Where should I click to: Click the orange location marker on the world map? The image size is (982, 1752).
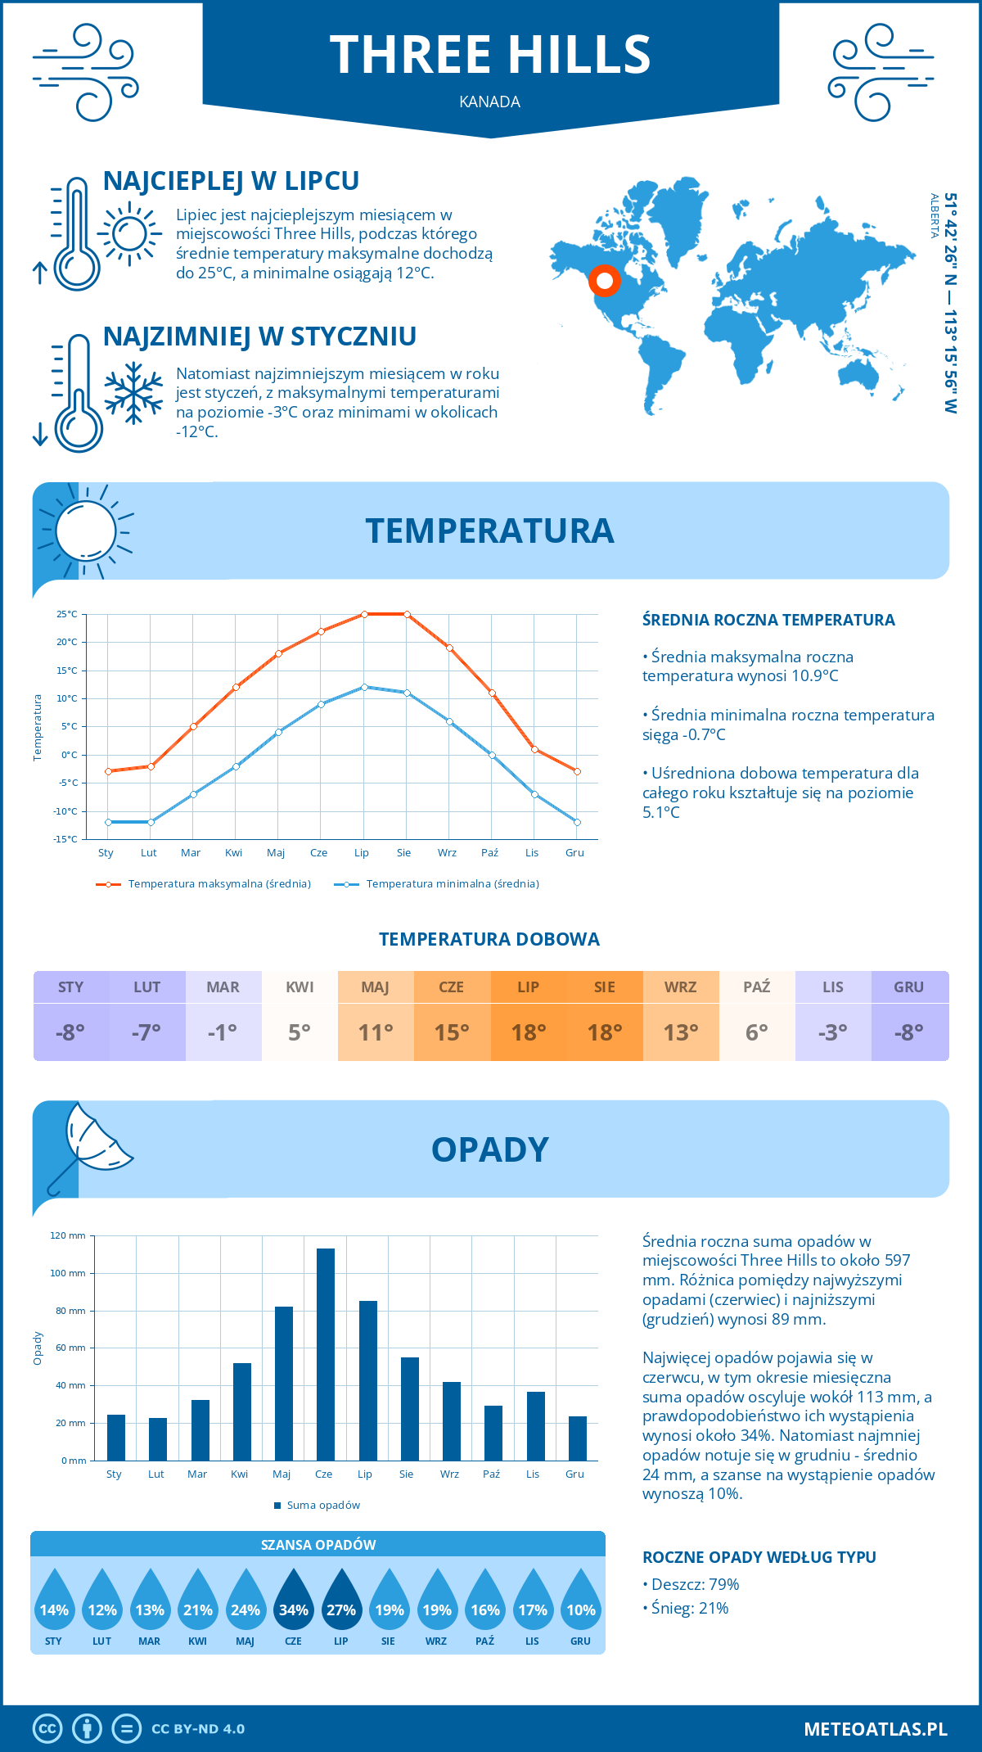coord(605,281)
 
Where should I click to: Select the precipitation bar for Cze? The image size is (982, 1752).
coord(325,1354)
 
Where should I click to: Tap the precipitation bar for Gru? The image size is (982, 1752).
coord(577,1438)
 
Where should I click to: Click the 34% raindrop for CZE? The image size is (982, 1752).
coord(293,1609)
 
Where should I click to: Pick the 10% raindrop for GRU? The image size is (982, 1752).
coord(580,1609)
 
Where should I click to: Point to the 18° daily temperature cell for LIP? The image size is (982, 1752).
coord(528,1032)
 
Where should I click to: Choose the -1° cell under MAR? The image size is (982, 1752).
coord(223,1032)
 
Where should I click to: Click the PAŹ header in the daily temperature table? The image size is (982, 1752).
coord(756,987)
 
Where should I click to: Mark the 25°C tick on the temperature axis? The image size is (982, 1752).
coord(67,614)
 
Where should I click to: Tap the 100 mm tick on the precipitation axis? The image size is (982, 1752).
coord(68,1273)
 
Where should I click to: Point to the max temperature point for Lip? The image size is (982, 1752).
coord(364,614)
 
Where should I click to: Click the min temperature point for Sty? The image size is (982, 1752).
coord(108,822)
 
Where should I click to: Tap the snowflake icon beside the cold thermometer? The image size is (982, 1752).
coord(133,393)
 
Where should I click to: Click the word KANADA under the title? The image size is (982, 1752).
coord(489,102)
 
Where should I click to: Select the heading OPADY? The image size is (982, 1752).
coord(489,1149)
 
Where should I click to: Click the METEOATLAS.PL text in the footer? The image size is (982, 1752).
coord(875,1728)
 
